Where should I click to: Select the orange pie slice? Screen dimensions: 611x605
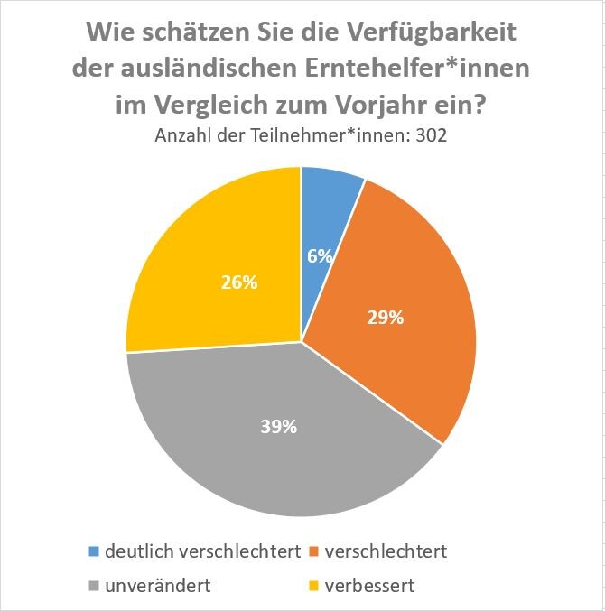[397, 298]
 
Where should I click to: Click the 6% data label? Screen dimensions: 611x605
[320, 255]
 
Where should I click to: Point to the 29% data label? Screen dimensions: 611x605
[386, 317]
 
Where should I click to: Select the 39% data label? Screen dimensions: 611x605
[279, 427]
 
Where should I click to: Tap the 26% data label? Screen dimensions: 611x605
[239, 282]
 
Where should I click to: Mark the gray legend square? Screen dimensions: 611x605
[94, 586]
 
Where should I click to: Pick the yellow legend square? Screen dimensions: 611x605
[313, 586]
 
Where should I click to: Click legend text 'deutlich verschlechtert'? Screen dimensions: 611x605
[202, 551]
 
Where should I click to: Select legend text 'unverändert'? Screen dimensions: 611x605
[158, 585]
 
